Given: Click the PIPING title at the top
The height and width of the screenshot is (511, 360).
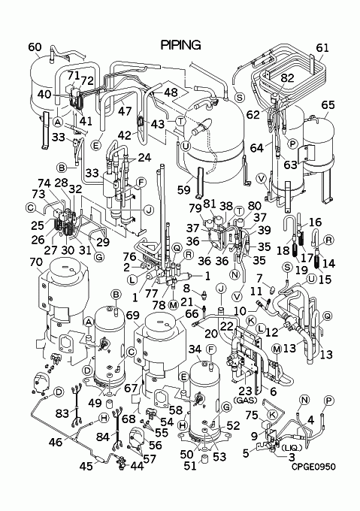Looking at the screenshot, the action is pyautogui.click(x=181, y=45).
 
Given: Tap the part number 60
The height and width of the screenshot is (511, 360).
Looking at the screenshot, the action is pyautogui.click(x=35, y=47).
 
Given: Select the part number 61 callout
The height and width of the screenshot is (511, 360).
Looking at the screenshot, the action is pyautogui.click(x=322, y=48).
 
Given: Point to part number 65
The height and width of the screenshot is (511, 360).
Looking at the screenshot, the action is pyautogui.click(x=328, y=105).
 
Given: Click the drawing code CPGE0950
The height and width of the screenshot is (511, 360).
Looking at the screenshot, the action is pyautogui.click(x=313, y=467).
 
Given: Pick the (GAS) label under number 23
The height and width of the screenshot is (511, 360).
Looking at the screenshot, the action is pyautogui.click(x=246, y=400).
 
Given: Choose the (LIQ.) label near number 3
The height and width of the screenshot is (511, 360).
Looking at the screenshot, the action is pyautogui.click(x=292, y=448).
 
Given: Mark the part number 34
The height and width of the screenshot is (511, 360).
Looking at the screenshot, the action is pyautogui.click(x=195, y=349).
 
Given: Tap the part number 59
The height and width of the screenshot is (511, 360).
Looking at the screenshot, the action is pyautogui.click(x=183, y=189).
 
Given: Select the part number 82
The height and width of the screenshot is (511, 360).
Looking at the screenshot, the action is pyautogui.click(x=287, y=78).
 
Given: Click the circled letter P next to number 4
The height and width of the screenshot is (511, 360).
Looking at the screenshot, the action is pyautogui.click(x=329, y=401).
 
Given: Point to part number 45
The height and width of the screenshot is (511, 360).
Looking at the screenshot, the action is pyautogui.click(x=86, y=466).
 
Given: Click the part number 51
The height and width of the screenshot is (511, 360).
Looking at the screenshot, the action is pyautogui.click(x=190, y=466).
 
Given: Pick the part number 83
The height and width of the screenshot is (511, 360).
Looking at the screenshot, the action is pyautogui.click(x=62, y=413).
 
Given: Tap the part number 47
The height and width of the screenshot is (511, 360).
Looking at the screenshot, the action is pyautogui.click(x=125, y=110).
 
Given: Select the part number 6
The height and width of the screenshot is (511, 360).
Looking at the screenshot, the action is pyautogui.click(x=273, y=392).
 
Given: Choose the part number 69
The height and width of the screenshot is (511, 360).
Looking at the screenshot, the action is pyautogui.click(x=132, y=315).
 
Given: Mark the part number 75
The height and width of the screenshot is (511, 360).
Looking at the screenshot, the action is pyautogui.click(x=253, y=415).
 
